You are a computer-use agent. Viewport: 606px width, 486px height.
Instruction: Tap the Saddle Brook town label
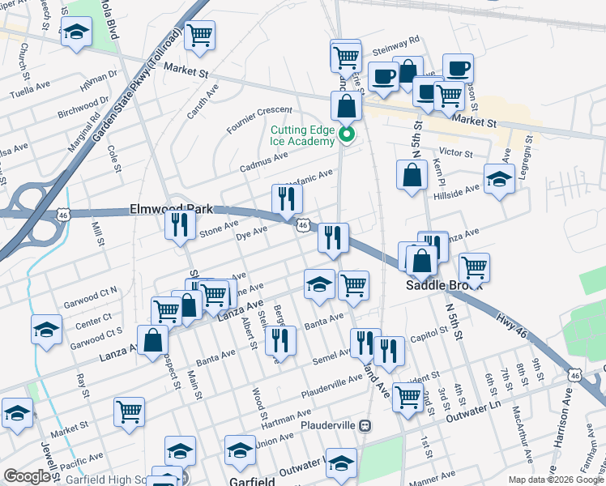click(x=444, y=286)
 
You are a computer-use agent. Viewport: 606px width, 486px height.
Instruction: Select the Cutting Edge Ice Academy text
click(x=302, y=135)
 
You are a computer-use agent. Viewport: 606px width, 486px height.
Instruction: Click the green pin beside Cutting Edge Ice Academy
click(x=347, y=134)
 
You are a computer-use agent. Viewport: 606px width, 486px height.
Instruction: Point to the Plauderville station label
click(x=329, y=424)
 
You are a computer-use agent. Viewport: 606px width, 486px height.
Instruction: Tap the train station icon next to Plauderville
click(x=365, y=424)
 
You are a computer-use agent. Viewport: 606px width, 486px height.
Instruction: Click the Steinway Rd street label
click(x=395, y=39)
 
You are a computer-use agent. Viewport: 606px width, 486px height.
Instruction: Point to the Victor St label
click(x=455, y=152)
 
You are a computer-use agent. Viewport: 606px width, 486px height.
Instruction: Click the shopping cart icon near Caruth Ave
click(x=199, y=35)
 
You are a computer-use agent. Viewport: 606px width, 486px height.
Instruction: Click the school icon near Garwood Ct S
click(x=47, y=329)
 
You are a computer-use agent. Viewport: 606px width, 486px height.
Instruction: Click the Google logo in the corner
click(x=26, y=476)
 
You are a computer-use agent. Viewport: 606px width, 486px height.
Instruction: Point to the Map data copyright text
click(x=557, y=480)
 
